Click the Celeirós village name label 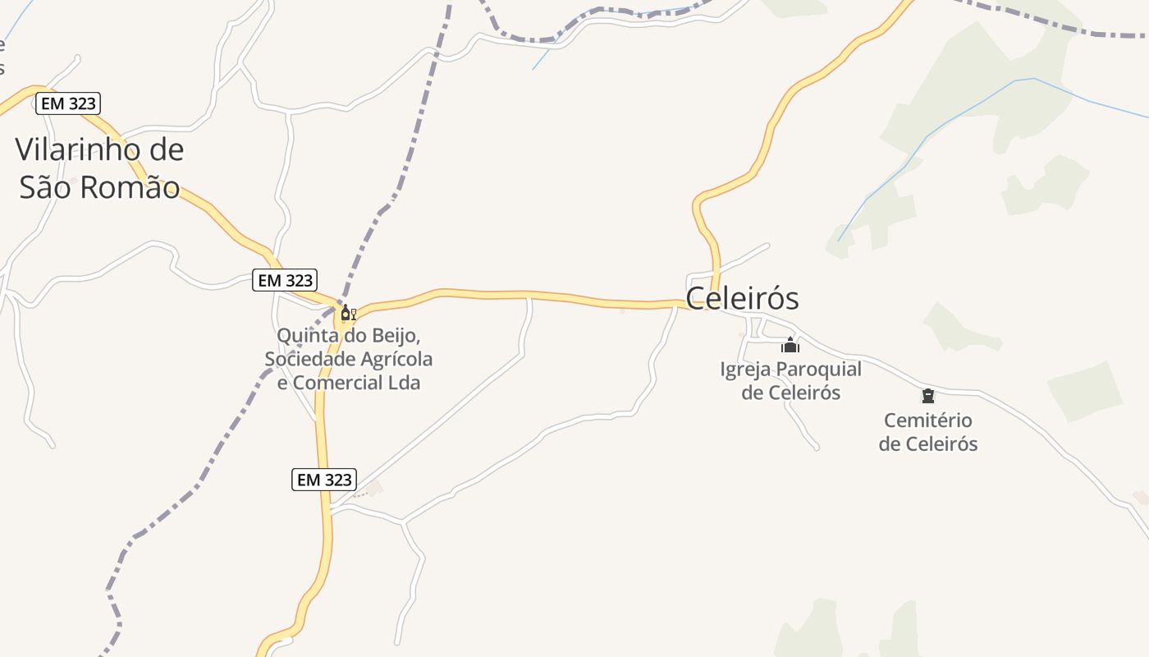point(742,298)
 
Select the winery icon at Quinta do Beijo point(348,314)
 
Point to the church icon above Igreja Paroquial point(790,346)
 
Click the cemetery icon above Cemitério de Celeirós point(928,397)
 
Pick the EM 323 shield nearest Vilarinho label point(68,103)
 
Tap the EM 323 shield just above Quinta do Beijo point(285,280)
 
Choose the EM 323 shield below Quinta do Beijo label point(324,480)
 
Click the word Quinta point(305,336)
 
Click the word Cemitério point(927,420)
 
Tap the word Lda point(403,383)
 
